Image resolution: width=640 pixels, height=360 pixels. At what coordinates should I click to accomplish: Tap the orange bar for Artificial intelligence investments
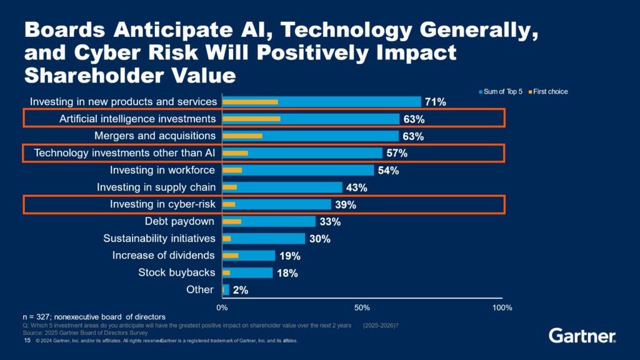251,118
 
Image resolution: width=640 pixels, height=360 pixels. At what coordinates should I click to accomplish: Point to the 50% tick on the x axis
362,307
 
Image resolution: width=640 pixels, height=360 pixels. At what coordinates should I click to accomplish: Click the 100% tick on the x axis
502,307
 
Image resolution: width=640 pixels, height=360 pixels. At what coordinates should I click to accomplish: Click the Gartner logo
582,336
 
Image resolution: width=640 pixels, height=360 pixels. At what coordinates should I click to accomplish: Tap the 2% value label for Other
240,290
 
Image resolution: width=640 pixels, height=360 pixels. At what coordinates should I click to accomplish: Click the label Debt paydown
179,221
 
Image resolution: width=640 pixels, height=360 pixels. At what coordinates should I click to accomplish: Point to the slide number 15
27,340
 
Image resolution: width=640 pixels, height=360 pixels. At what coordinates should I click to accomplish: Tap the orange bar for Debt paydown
232,221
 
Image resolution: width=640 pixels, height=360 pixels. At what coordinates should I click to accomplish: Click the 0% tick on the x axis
222,307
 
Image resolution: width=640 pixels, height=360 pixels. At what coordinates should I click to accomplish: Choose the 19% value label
290,256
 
